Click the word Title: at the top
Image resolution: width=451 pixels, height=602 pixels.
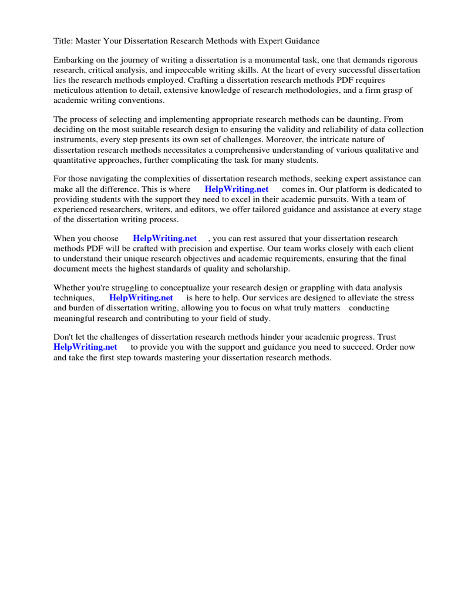pyautogui.click(x=64, y=41)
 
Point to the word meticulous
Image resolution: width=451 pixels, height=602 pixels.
pyautogui.click(x=78, y=90)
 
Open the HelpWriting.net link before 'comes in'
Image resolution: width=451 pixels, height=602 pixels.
pyautogui.click(x=236, y=189)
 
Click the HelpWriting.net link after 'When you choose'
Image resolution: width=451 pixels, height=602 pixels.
pyautogui.click(x=164, y=239)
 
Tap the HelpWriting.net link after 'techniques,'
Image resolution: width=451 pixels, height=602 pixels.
pyautogui.click(x=141, y=298)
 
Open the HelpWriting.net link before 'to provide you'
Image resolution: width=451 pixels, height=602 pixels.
pyautogui.click(x=85, y=347)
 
